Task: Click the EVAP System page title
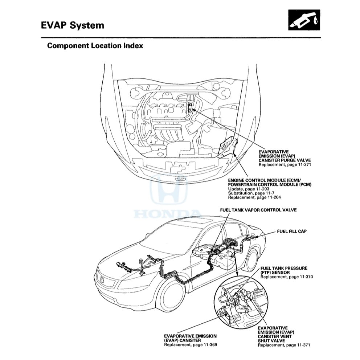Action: click(x=72, y=25)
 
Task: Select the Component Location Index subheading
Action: click(x=95, y=46)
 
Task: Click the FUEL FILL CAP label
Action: click(x=291, y=231)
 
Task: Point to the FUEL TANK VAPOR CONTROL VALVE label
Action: click(x=258, y=210)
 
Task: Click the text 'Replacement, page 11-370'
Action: click(x=286, y=277)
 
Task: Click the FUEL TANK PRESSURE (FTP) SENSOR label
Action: click(x=283, y=270)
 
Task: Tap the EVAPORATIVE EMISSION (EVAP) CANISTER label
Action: click(x=190, y=338)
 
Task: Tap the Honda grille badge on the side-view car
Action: click(x=103, y=280)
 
